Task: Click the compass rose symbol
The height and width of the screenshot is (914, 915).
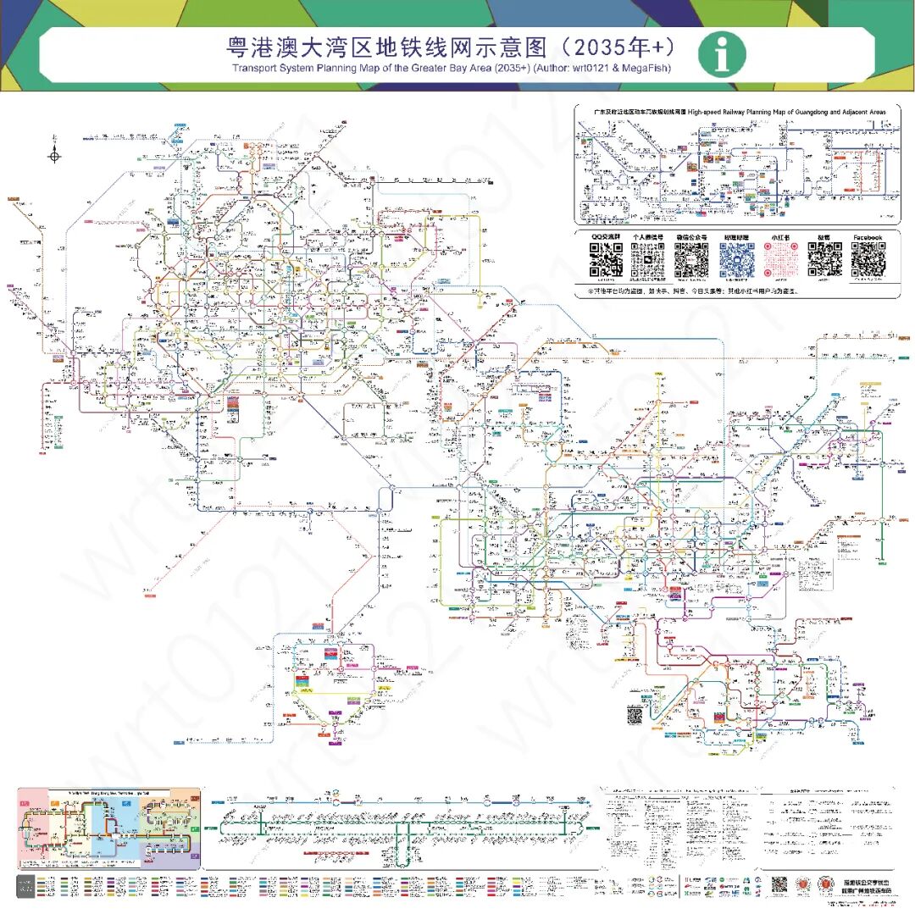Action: [54, 154]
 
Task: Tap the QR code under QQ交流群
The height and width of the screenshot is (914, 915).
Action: [606, 260]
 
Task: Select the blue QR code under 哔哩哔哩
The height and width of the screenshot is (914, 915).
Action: [736, 260]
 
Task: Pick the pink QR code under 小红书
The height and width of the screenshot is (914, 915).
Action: [780, 260]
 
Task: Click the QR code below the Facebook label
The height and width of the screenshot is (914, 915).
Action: [868, 260]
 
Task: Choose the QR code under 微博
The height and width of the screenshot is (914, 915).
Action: [824, 260]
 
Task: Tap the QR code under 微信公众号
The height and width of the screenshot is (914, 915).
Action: [691, 260]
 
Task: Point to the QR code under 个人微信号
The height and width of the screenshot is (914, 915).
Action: [648, 260]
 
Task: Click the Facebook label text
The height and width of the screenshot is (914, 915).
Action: [868, 238]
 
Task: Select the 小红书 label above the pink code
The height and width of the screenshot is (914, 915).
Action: [780, 238]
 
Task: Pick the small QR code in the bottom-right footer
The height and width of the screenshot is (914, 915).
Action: [779, 884]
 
